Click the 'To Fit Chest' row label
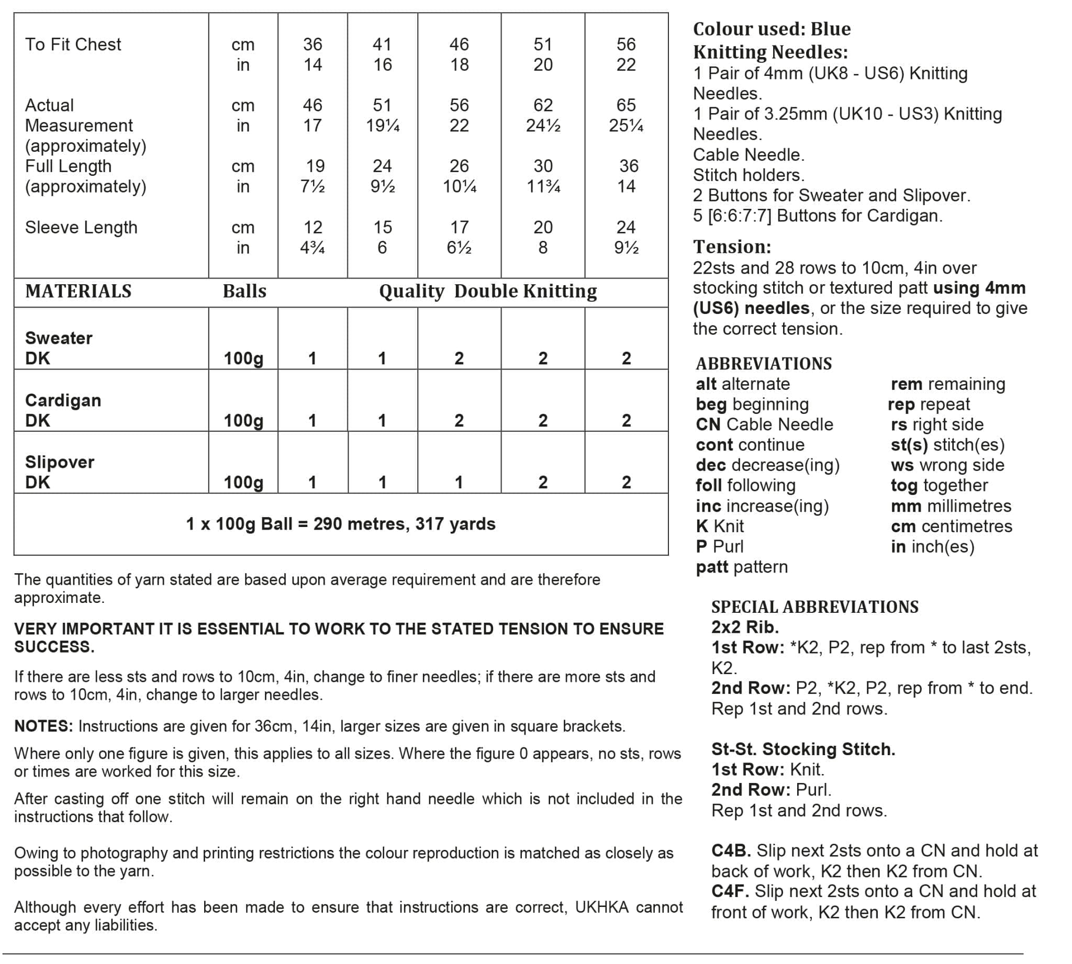point(73,44)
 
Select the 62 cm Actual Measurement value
point(543,105)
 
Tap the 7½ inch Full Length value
point(312,186)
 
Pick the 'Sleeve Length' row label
point(81,227)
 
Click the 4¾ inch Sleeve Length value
point(312,248)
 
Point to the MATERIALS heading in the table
point(79,292)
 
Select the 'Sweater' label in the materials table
point(59,338)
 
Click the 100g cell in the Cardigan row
point(243,421)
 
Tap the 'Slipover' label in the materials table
point(60,462)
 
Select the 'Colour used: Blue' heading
point(772,29)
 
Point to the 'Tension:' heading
point(732,247)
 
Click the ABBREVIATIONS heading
point(764,364)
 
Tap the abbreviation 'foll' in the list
point(709,485)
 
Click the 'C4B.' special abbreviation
point(731,850)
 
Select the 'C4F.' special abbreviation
point(730,891)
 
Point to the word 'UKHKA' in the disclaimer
point(602,907)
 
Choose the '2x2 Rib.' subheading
point(745,627)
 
